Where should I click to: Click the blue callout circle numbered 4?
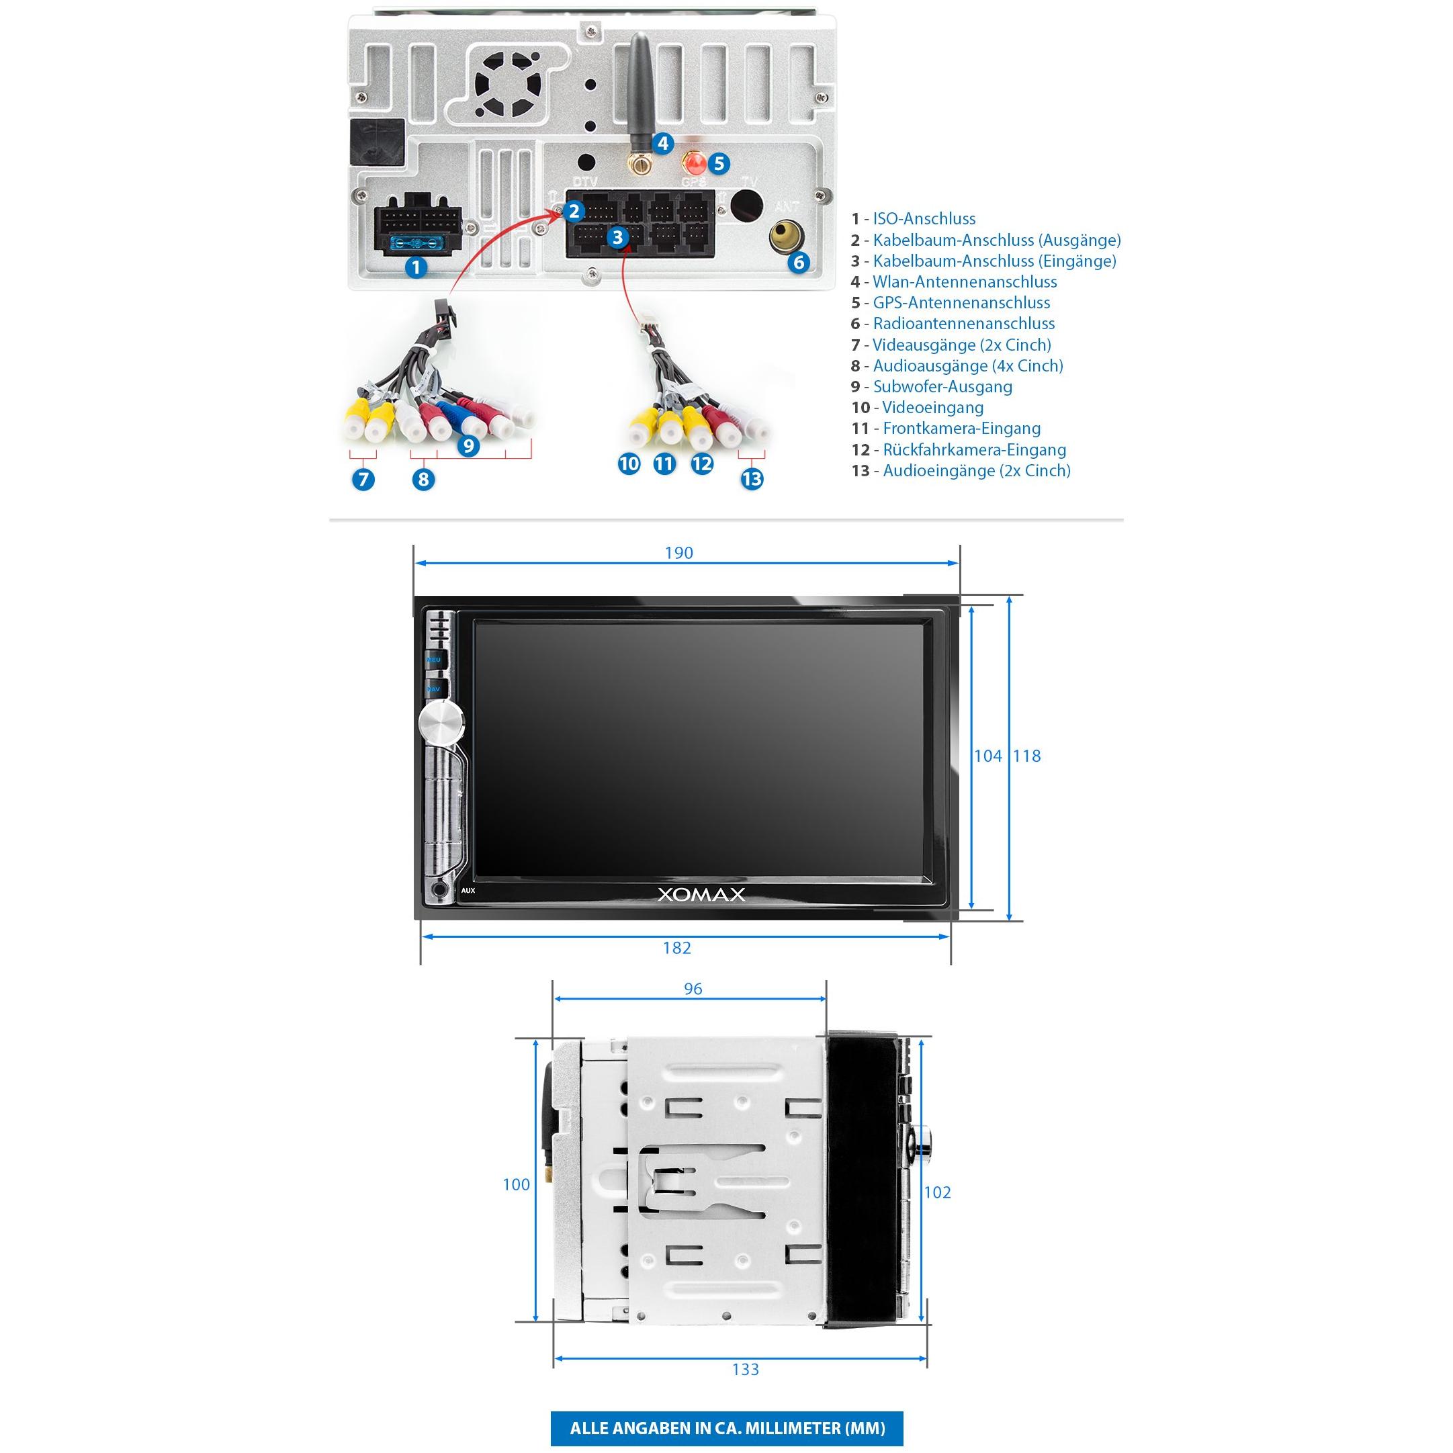(x=662, y=143)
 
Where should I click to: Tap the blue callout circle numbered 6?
(x=799, y=262)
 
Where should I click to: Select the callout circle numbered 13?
(x=752, y=479)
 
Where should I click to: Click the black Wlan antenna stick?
(x=640, y=98)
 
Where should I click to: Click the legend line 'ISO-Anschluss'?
(x=913, y=219)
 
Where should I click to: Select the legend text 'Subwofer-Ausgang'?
(x=932, y=386)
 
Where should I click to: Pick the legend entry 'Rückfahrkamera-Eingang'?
(x=959, y=450)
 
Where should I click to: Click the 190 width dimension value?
(x=678, y=553)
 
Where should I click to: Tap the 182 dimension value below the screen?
(x=677, y=948)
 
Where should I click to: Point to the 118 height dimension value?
(x=1027, y=756)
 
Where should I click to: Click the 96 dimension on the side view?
(x=693, y=989)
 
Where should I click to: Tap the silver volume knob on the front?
(x=441, y=723)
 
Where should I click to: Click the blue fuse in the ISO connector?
(x=416, y=243)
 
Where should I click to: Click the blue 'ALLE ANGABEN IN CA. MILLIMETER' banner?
(x=727, y=1428)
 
